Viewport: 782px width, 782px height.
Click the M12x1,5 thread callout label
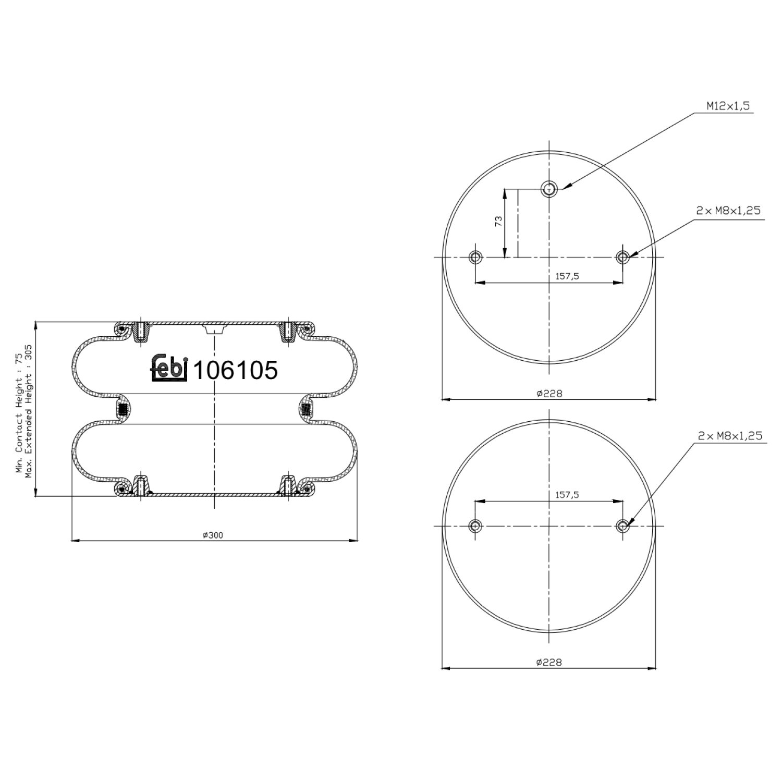point(728,106)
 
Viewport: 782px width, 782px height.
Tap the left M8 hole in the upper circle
point(475,257)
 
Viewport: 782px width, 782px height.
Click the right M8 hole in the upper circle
point(622,257)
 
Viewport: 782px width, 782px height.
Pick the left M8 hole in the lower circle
point(475,526)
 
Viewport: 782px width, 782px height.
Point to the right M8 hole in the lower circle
point(622,526)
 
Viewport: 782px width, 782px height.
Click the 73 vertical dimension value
point(498,221)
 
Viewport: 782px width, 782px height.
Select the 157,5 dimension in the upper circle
point(567,276)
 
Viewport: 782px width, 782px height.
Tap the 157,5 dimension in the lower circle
point(567,495)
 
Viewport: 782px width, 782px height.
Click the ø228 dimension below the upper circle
point(549,394)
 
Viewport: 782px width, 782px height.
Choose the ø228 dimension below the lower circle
point(549,662)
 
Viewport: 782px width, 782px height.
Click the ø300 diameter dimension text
point(213,535)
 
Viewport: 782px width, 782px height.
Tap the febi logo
point(169,368)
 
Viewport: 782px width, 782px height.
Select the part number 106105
point(236,371)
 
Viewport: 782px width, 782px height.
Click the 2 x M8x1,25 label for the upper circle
point(728,211)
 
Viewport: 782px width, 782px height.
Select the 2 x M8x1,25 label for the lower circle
point(730,435)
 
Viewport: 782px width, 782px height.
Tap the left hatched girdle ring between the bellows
point(123,410)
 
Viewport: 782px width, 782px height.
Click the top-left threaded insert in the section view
point(140,332)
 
